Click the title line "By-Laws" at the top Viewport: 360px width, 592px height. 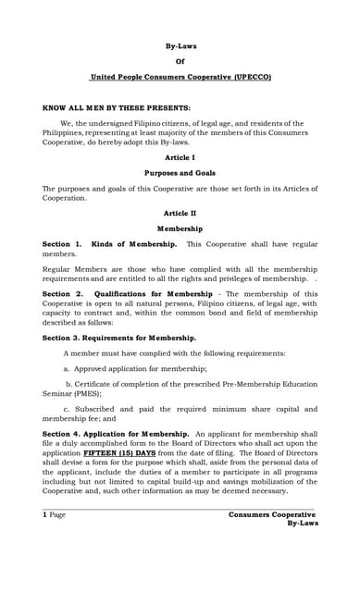pos(180,45)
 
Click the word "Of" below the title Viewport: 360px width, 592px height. pos(180,61)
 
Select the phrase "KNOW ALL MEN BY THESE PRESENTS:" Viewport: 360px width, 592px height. pos(117,107)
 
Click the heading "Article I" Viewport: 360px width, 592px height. pos(180,157)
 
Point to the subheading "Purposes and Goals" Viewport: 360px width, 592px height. pos(180,173)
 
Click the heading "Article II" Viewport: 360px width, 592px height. pos(180,213)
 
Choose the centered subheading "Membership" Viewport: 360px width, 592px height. pos(180,228)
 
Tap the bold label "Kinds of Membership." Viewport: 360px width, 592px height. pos(135,243)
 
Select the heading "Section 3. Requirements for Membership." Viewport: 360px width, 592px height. pos(119,339)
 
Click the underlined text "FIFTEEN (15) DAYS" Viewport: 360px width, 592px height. pos(119,454)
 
